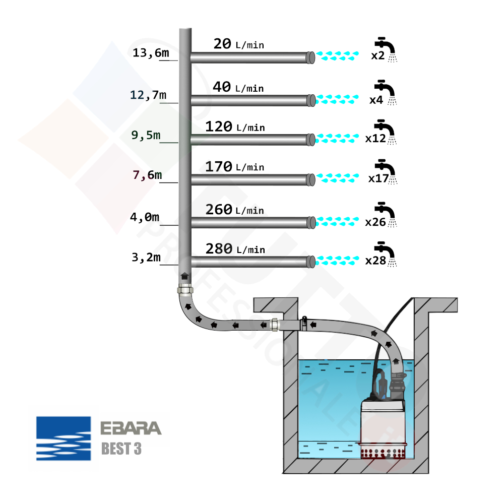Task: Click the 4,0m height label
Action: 145,217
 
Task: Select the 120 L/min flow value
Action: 234,127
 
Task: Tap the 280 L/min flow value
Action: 235,249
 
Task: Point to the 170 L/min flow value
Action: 234,166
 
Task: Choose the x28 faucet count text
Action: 375,261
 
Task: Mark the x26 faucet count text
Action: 375,222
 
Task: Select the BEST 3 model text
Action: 121,449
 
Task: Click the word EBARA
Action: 131,428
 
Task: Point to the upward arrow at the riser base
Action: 185,276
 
